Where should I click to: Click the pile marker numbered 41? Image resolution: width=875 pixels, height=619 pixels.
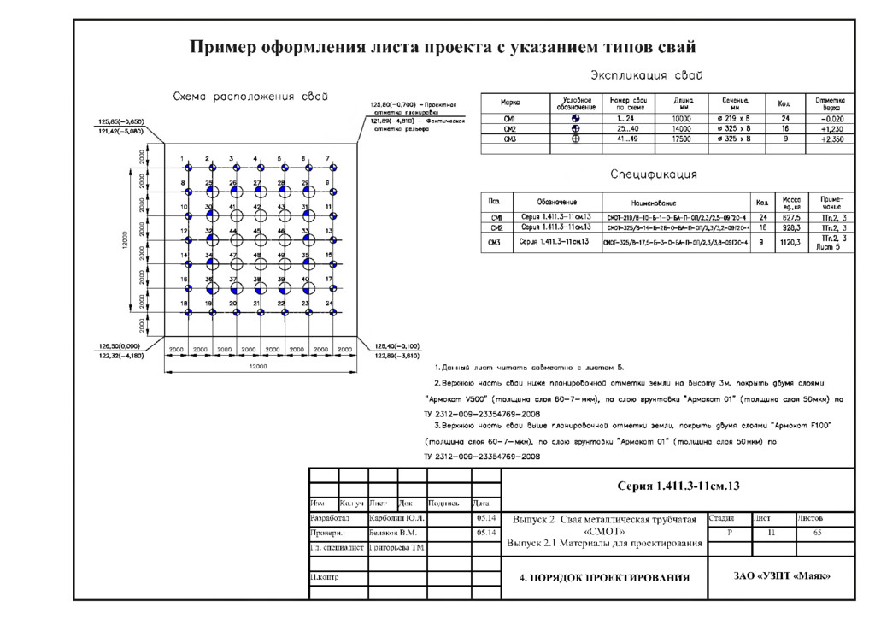(232, 215)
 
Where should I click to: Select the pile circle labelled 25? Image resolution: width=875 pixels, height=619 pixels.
(208, 192)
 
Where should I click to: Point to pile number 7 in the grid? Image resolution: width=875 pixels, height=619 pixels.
(329, 168)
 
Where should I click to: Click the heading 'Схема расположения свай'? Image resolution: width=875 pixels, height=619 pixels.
(251, 96)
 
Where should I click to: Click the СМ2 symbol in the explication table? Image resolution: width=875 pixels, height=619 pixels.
(576, 128)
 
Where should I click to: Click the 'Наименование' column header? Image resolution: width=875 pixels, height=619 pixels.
(654, 203)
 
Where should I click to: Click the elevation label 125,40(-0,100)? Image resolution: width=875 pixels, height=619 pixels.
(394, 346)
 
